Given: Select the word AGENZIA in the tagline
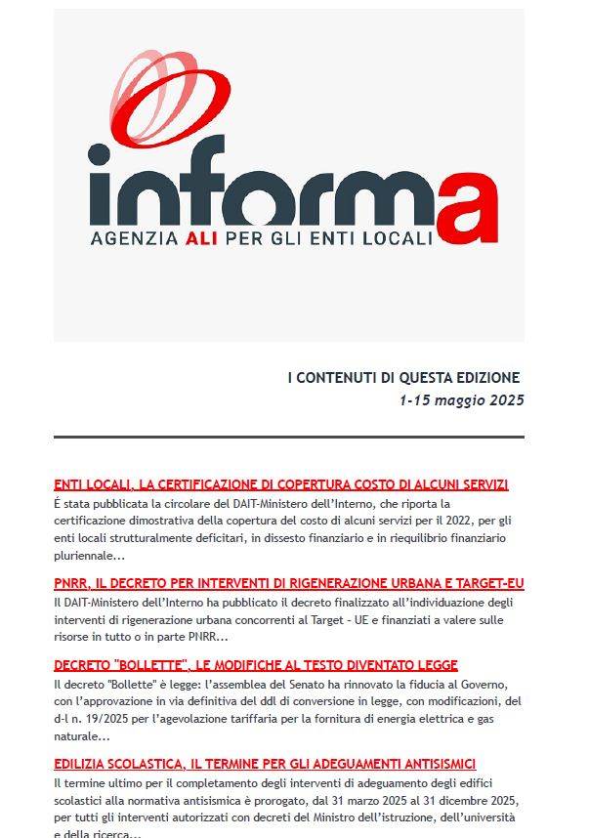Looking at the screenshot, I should (130, 238).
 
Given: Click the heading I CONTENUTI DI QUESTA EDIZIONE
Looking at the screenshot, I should (403, 378).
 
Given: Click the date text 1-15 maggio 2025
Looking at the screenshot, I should (461, 400).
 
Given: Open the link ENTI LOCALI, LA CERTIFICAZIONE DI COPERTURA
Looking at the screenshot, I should (280, 484).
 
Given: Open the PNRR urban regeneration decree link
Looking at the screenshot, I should (288, 583).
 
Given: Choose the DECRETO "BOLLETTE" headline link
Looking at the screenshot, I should (255, 665).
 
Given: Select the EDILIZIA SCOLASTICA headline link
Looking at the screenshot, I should (265, 764).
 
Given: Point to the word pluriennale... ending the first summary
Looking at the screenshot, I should (89, 556).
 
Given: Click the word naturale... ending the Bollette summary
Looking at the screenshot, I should (85, 736).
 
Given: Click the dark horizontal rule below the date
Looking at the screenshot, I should (289, 437).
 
